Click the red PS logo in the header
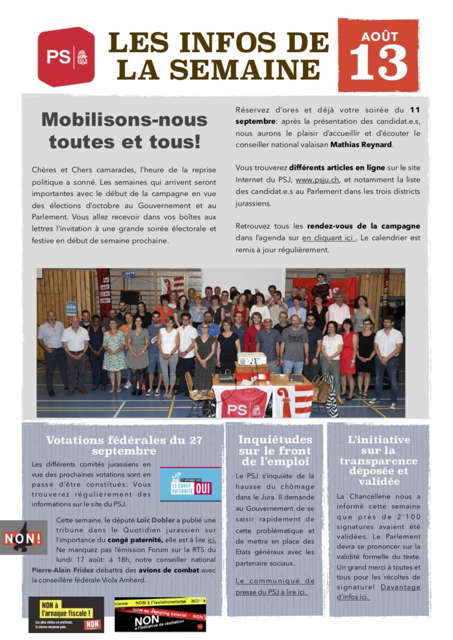coord(66,57)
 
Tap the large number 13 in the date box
coord(378,63)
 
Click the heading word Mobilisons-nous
coord(125,120)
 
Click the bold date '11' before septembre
coord(415,110)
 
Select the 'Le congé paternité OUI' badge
coord(190,484)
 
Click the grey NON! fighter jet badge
coord(23,537)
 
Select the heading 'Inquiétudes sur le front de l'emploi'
coord(275,450)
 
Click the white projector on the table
coord(252,359)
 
